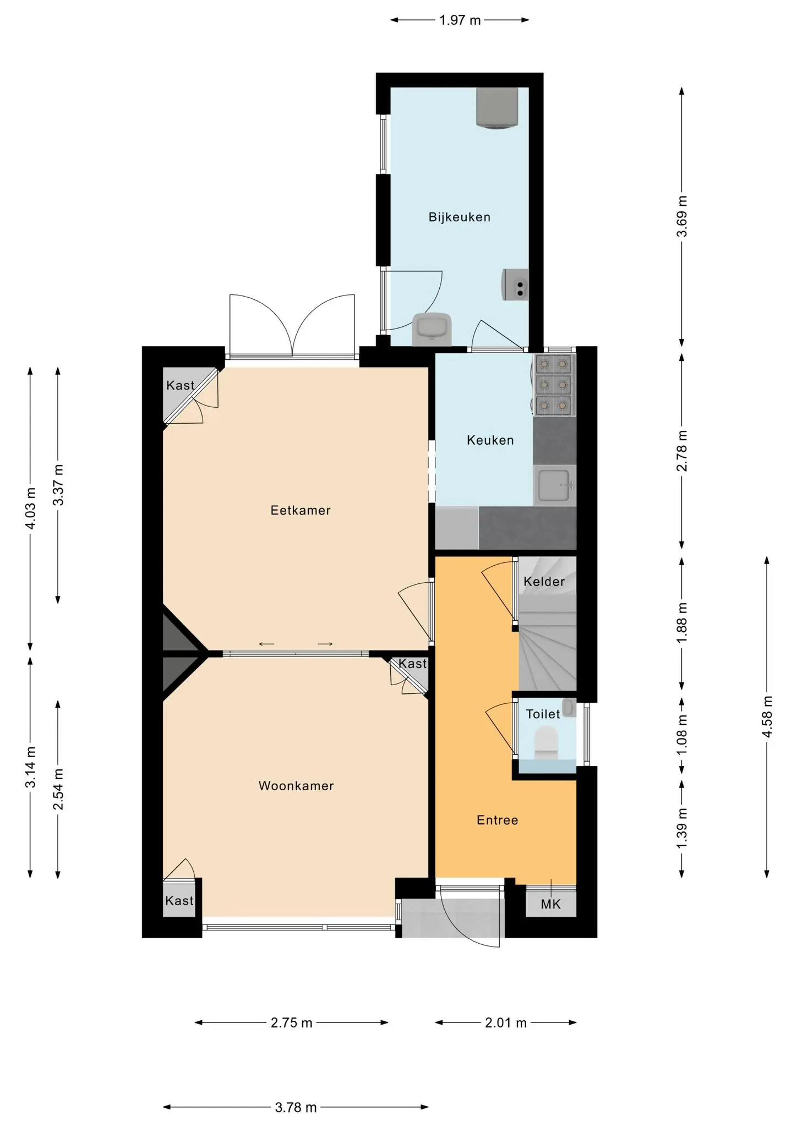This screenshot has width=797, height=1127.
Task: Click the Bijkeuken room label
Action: point(459,217)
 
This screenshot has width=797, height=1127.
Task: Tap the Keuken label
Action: point(490,440)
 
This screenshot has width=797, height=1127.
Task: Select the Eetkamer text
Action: point(301,511)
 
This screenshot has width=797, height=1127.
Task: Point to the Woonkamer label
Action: point(296,786)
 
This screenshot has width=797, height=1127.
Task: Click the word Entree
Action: point(497,820)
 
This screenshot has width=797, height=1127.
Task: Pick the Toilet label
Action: point(543,714)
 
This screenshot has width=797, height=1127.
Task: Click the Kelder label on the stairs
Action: point(544,582)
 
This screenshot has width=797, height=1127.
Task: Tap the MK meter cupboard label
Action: point(550,904)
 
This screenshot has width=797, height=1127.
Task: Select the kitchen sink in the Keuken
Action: point(554,485)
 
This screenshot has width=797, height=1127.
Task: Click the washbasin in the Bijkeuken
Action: point(432,329)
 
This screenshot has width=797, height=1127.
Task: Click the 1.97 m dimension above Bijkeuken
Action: point(460,21)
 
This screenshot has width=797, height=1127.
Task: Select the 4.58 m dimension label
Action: point(768,718)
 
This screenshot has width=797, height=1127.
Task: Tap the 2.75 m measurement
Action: point(291,1023)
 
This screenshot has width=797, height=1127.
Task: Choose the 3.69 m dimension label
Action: point(683,216)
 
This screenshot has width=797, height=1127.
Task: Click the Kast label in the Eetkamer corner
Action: point(180,385)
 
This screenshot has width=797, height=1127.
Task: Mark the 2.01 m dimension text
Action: point(506,1023)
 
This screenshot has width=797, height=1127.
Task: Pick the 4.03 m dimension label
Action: point(31,508)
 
